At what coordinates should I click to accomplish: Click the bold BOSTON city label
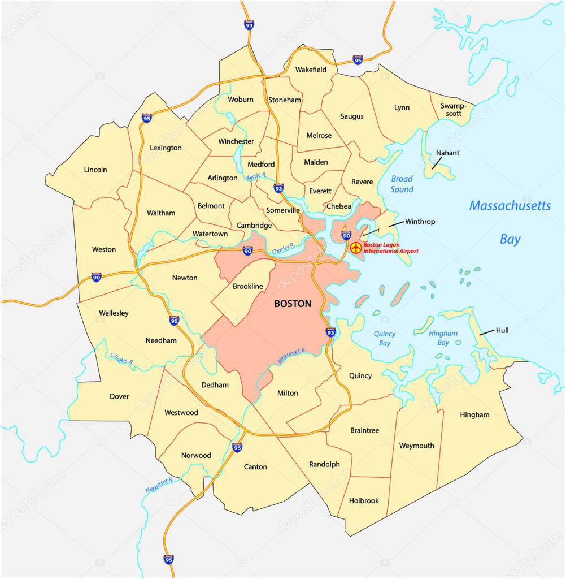pos(292,304)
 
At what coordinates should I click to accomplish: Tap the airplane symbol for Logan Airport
pos(356,248)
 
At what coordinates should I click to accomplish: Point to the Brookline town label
pos(248,287)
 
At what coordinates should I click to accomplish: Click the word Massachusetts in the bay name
pos(510,206)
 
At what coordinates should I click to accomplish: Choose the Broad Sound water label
pos(402,184)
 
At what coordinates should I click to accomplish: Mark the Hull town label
pos(502,330)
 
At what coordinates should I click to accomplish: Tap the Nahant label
pos(447,153)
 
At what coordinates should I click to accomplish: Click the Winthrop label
pos(420,222)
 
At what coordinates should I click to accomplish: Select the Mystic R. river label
pos(260,177)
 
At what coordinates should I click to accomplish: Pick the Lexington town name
pos(166,148)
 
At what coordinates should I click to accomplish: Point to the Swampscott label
pos(451,110)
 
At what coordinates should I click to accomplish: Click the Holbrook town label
pos(364,500)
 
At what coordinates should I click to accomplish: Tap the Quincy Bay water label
pos(385,338)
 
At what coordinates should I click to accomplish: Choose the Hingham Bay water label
pos(443,338)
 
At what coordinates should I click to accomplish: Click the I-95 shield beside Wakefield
pos(358,59)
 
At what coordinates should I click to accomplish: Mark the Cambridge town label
pos(254,226)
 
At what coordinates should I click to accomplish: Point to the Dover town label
pos(119,396)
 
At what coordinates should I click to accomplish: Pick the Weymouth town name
pos(416,446)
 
